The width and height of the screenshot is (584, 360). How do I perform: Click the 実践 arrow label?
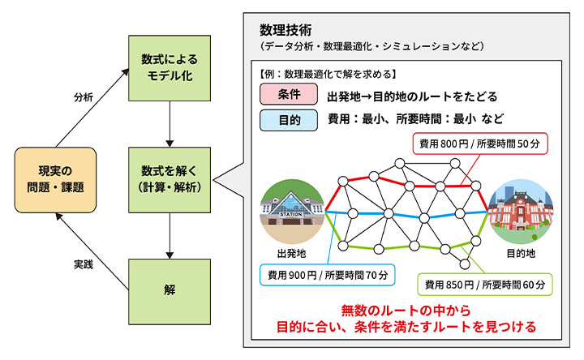pos(83,264)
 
